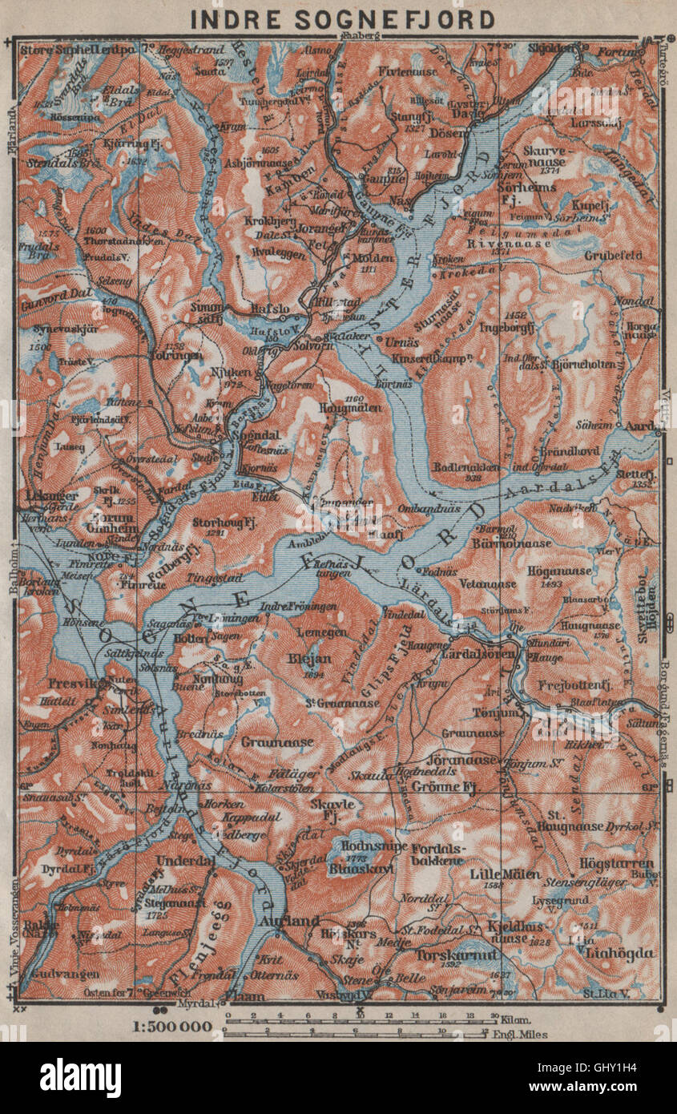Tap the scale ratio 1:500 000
coord(172,1026)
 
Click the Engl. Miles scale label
coord(522,1035)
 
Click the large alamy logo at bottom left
coord(80,1077)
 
